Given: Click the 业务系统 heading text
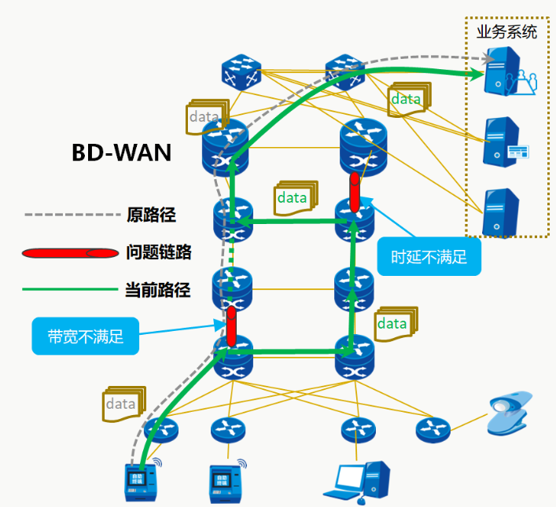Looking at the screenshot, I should click(x=506, y=32).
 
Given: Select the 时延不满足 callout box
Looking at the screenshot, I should click(x=428, y=257).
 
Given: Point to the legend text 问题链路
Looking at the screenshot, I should click(x=158, y=252).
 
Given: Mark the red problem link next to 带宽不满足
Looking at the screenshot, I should click(x=231, y=326).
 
